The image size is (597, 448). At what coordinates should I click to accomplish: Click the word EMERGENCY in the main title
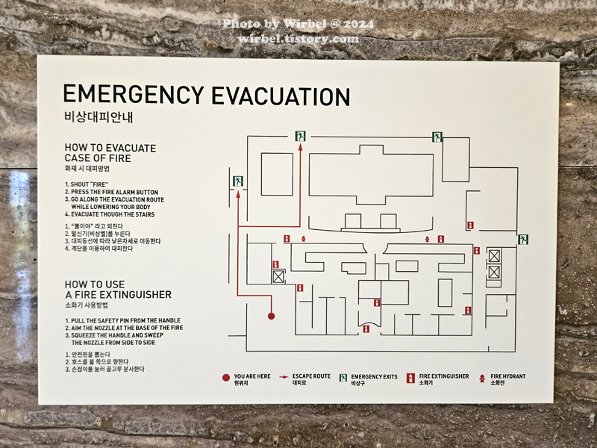134,96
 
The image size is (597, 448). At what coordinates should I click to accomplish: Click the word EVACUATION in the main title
280,96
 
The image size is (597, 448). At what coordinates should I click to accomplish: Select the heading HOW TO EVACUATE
110,148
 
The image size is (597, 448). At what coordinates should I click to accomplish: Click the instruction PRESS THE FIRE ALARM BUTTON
113,192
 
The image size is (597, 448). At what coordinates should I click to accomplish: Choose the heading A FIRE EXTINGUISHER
118,294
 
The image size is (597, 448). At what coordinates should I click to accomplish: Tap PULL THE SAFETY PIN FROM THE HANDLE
123,320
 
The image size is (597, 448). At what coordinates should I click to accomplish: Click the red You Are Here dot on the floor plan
272,316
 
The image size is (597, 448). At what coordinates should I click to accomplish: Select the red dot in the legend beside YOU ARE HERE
225,377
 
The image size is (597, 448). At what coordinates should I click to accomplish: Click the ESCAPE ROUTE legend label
311,376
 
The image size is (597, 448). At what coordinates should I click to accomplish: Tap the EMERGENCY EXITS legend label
374,376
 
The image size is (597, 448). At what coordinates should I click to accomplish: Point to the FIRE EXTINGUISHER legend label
444,376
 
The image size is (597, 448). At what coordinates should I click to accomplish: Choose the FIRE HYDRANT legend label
508,376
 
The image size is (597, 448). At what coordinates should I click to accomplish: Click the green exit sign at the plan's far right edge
523,240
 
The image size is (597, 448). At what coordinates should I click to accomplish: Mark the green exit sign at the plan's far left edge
237,181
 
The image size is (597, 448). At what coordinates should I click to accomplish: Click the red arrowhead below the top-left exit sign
301,147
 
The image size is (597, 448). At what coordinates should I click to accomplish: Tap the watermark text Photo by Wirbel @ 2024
298,24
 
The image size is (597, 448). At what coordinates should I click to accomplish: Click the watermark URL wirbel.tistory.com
298,39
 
